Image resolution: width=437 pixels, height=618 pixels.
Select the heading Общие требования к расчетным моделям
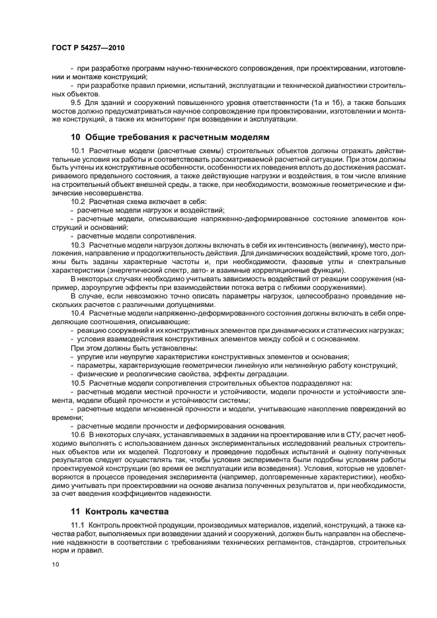tap(177, 137)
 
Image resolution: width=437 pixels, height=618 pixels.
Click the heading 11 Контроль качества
tap(116, 511)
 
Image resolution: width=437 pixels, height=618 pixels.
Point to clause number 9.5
tap(76, 104)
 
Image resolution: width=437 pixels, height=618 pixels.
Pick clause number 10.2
tap(78, 201)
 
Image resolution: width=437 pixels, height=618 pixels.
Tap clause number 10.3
tap(78, 245)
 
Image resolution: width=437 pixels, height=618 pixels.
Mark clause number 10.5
tap(78, 382)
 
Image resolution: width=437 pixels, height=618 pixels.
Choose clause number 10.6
tap(78, 434)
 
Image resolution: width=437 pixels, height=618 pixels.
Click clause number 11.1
tap(78, 526)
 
